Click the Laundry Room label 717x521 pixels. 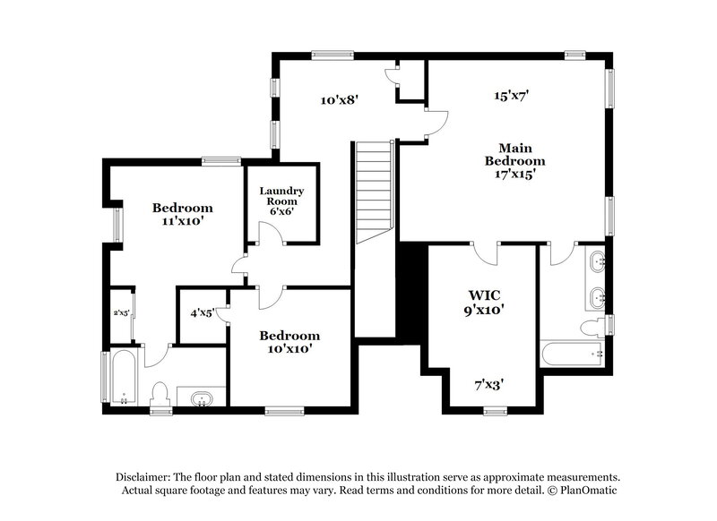click(x=282, y=201)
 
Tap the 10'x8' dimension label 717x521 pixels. click(x=340, y=99)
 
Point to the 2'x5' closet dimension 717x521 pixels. click(x=121, y=313)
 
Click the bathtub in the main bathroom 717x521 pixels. click(x=574, y=354)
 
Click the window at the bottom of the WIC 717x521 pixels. click(x=496, y=410)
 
